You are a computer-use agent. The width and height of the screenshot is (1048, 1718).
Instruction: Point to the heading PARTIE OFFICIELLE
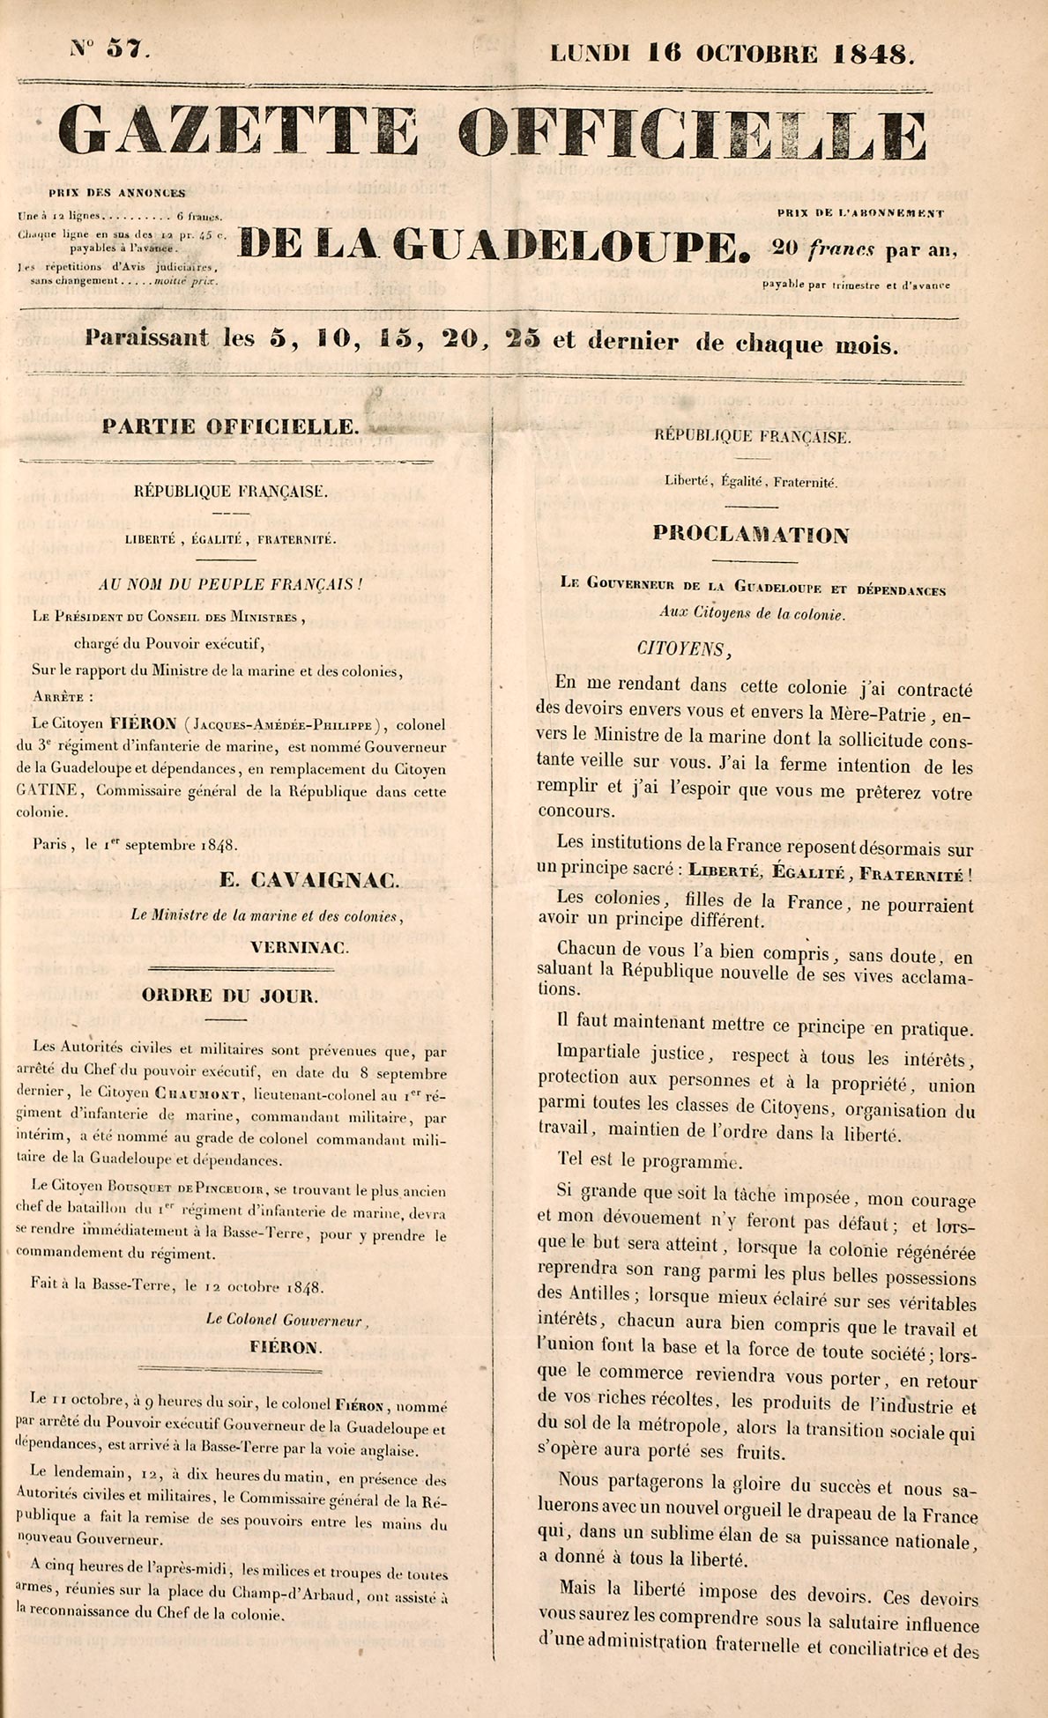tap(230, 427)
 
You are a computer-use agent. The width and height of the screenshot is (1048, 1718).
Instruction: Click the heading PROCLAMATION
tap(752, 534)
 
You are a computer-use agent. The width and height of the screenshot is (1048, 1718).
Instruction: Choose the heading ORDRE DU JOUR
tap(230, 996)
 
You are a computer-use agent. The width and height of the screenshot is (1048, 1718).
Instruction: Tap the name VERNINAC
tap(300, 948)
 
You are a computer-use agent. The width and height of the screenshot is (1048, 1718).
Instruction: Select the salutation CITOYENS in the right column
tap(683, 649)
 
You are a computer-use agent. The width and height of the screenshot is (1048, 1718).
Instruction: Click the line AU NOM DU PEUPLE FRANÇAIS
tap(229, 584)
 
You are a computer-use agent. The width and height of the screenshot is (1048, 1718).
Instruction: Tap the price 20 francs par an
tap(863, 249)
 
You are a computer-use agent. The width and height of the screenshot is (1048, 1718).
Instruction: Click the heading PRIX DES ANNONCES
tap(117, 193)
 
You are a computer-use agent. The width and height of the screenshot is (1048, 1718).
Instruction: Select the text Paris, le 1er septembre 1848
tap(135, 844)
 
